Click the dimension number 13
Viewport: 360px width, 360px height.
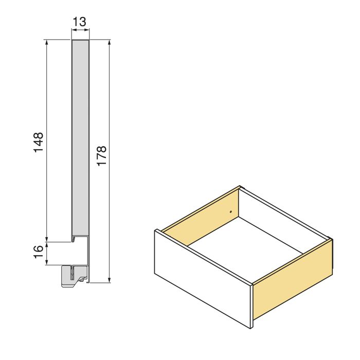pyautogui.click(x=80, y=22)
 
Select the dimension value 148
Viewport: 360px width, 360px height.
pyautogui.click(x=39, y=142)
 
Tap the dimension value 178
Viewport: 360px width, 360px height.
pyautogui.click(x=101, y=155)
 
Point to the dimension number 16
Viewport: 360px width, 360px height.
pyautogui.click(x=39, y=252)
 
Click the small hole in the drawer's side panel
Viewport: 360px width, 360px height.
pyautogui.click(x=231, y=211)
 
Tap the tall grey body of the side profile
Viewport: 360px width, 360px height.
pyautogui.click(x=80, y=139)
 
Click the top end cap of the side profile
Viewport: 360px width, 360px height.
pyautogui.click(x=80, y=40)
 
